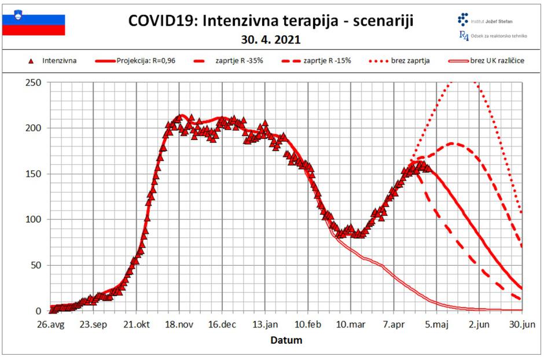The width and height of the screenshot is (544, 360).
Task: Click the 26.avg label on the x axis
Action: [x=51, y=325]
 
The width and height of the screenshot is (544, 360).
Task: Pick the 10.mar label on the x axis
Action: [x=351, y=325]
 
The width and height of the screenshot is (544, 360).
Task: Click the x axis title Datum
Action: [x=286, y=340]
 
